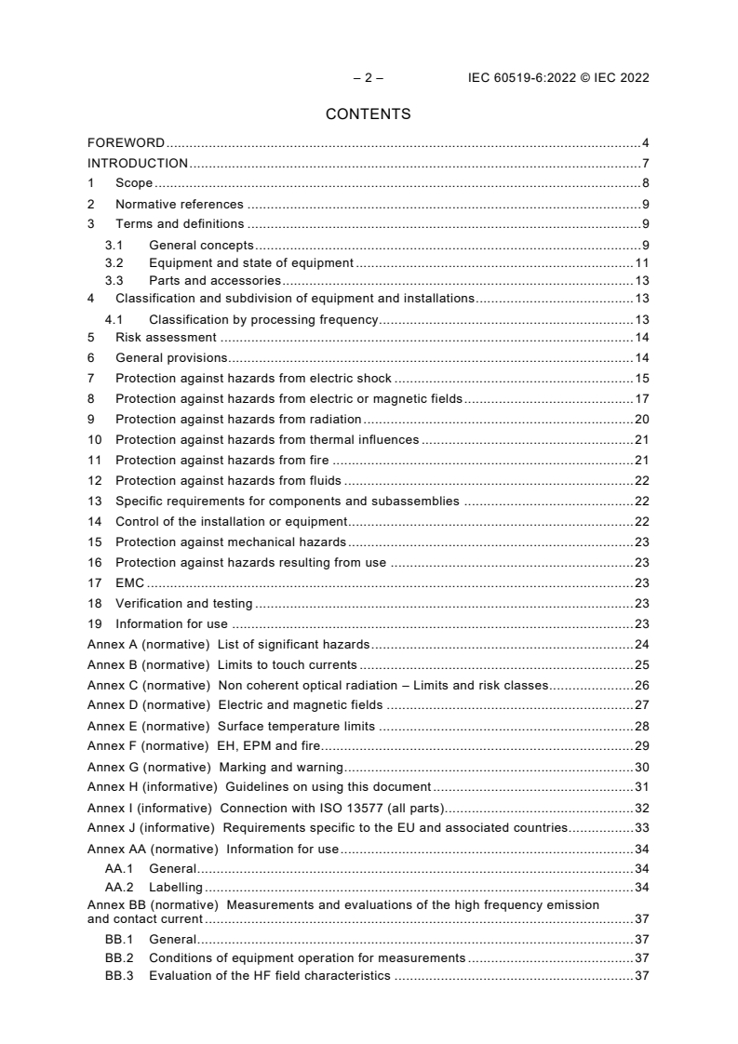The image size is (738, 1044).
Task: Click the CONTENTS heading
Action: (368, 114)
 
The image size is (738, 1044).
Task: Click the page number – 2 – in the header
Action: (368, 78)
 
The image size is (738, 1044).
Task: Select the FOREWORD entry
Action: (126, 143)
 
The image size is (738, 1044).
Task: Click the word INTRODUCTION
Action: (138, 164)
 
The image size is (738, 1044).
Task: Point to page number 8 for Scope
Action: (645, 183)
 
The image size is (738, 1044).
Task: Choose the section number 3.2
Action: (114, 263)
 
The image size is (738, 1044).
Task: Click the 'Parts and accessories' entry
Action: (214, 280)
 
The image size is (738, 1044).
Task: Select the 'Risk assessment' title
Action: (166, 338)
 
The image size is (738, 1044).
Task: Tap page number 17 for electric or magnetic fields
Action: (641, 399)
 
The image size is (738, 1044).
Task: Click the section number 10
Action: (94, 440)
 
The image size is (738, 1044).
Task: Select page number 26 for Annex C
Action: (641, 686)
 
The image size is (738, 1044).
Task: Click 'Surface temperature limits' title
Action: (296, 727)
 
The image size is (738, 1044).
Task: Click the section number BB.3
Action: (119, 976)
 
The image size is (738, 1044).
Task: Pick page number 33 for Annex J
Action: (641, 828)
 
